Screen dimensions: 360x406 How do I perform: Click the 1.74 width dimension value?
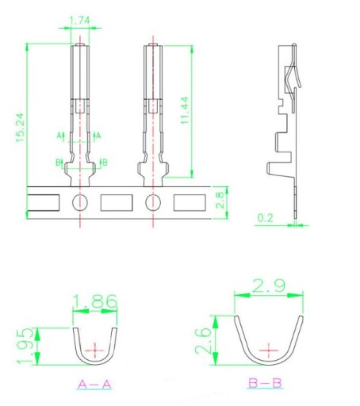[x=79, y=21]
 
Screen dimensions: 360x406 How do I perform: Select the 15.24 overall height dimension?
[x=20, y=128]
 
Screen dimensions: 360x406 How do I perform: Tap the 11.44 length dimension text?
[x=185, y=110]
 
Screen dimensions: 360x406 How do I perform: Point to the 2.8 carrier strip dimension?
[x=220, y=201]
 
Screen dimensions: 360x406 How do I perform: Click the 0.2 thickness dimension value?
[x=265, y=218]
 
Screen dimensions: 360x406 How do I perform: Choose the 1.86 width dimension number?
[x=94, y=301]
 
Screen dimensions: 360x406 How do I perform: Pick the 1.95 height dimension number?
[x=25, y=346]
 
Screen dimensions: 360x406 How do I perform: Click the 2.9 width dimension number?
[x=269, y=285]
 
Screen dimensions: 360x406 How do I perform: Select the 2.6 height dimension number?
[x=203, y=341]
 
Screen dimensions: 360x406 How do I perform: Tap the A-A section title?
[x=94, y=384]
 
